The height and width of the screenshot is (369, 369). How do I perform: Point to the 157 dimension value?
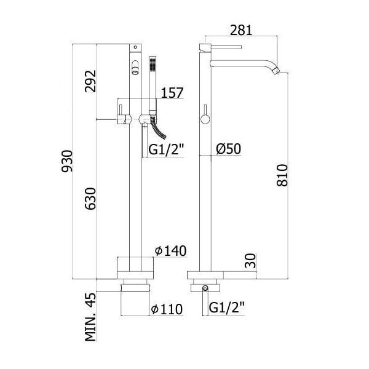click(172, 93)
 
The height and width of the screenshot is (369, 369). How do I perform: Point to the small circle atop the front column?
click(135, 47)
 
